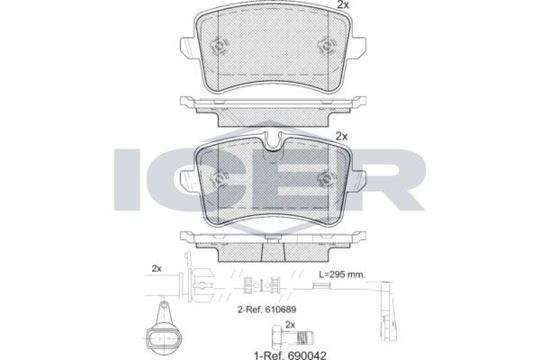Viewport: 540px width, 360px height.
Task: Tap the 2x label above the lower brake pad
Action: [341, 136]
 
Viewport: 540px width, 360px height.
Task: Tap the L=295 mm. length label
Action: [343, 272]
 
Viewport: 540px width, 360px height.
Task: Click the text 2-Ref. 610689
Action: [267, 309]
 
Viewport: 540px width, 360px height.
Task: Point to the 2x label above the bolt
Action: [290, 323]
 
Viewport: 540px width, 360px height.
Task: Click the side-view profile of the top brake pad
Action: [270, 106]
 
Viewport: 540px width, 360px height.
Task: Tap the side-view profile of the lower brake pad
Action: [270, 241]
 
